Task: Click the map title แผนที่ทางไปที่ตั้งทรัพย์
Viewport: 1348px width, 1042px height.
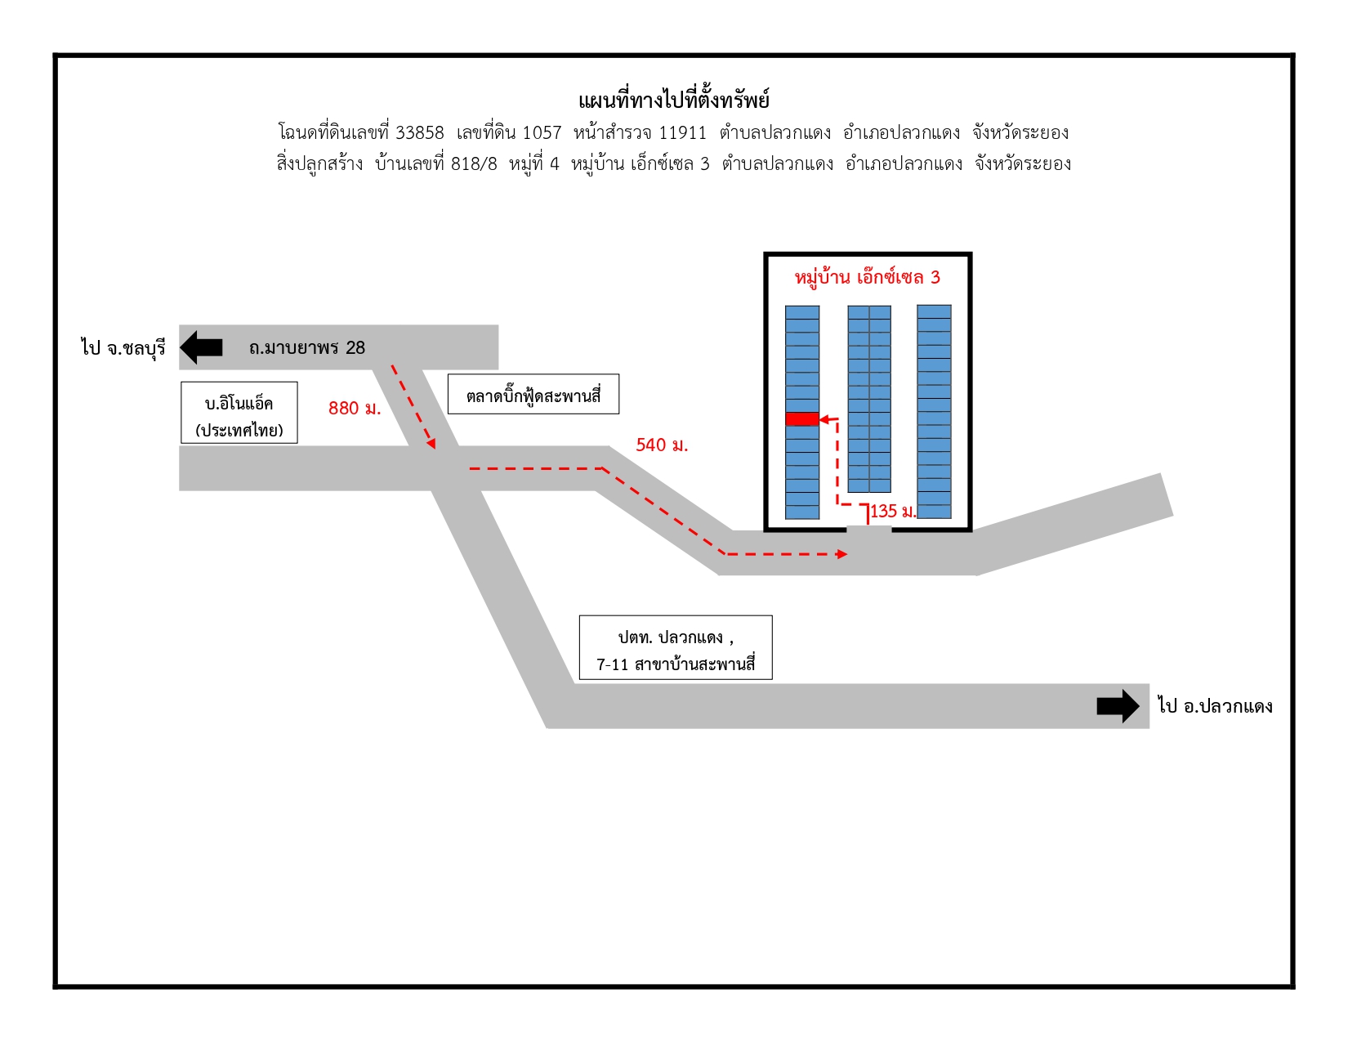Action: click(x=674, y=100)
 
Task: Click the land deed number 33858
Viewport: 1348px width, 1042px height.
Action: click(x=419, y=133)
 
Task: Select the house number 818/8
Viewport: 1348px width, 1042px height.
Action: click(x=474, y=163)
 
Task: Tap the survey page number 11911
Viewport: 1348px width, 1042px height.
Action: click(x=682, y=133)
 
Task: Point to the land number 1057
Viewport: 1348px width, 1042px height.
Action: click(x=542, y=133)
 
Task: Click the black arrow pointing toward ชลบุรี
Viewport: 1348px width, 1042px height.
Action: click(x=201, y=347)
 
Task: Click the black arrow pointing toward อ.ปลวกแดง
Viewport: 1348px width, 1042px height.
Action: click(x=1118, y=706)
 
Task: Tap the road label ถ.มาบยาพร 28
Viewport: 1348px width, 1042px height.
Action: click(x=307, y=347)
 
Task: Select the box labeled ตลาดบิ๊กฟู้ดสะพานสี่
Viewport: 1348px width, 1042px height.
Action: click(x=533, y=394)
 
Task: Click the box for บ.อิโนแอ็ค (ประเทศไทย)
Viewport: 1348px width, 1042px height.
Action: click(x=239, y=413)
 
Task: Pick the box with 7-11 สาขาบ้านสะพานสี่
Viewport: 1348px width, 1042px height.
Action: click(x=676, y=647)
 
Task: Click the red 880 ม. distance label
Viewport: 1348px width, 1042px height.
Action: click(x=355, y=409)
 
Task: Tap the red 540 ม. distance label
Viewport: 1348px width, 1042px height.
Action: click(x=662, y=445)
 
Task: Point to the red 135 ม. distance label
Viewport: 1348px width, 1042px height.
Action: click(x=893, y=512)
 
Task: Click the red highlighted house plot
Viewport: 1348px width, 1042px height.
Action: click(x=802, y=419)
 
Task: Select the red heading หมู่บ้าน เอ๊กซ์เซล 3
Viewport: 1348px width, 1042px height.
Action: click(x=868, y=277)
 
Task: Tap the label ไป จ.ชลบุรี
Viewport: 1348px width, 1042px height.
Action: click(x=123, y=347)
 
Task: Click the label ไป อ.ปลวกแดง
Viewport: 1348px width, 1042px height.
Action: click(x=1215, y=706)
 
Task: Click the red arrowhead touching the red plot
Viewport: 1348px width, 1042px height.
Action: click(x=825, y=420)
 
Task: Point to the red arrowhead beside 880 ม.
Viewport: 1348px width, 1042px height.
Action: click(x=431, y=443)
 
